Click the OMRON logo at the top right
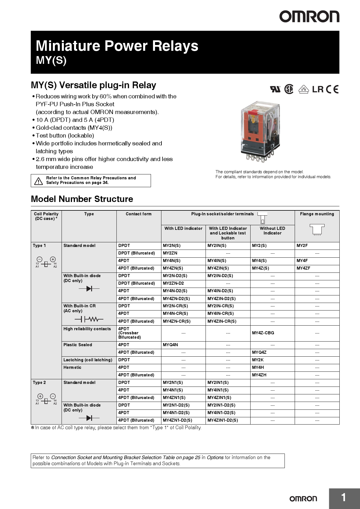[x=309, y=17]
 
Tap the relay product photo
[x=260, y=132]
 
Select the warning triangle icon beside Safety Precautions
[x=38, y=181]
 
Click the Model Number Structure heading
[x=82, y=199]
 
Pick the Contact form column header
[x=138, y=214]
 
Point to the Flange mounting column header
[x=317, y=214]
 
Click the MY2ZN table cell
[x=170, y=253]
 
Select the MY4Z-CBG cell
[x=263, y=333]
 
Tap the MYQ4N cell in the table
[x=170, y=345]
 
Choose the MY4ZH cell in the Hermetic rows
[x=259, y=375]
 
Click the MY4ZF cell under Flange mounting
[x=303, y=268]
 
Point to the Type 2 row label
[x=39, y=382]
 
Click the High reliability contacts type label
[x=87, y=329]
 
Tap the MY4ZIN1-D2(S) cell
[x=223, y=420]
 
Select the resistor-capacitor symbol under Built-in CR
[x=89, y=320]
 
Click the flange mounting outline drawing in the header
[x=317, y=230]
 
